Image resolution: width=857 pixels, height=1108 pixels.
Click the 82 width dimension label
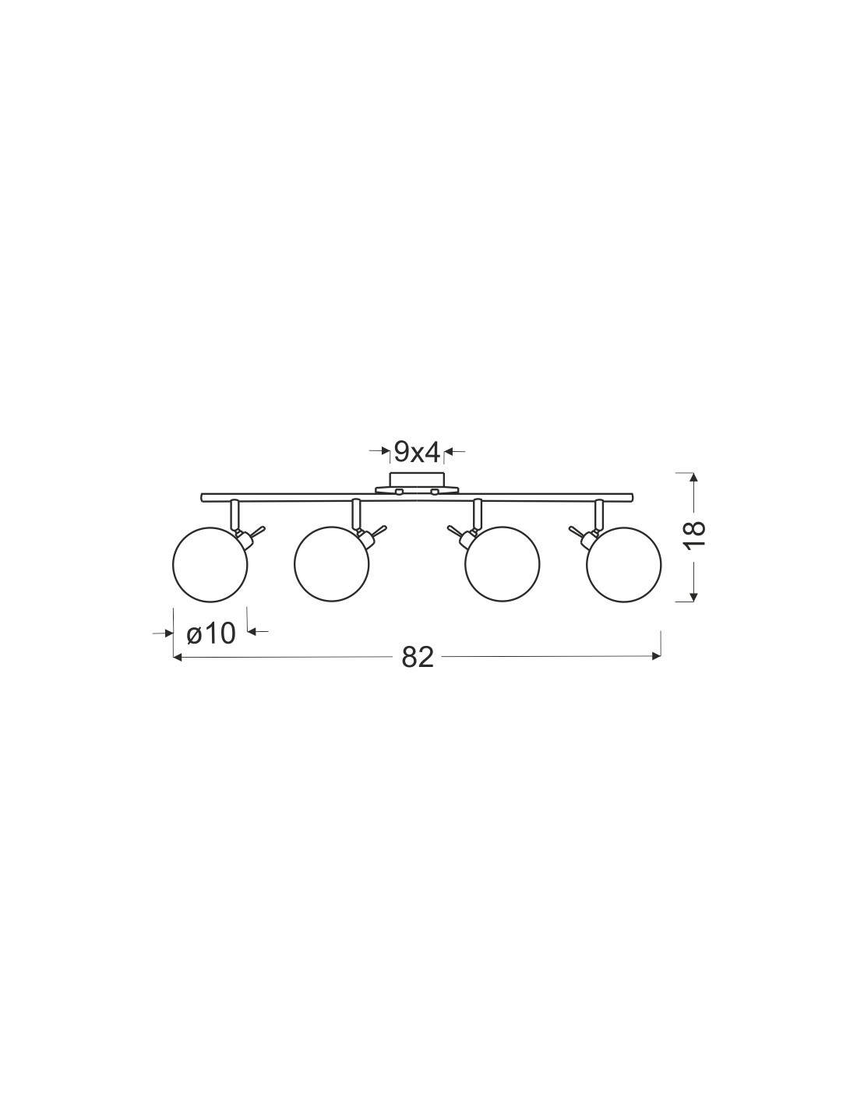click(x=417, y=658)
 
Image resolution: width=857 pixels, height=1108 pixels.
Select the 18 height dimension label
click(x=694, y=535)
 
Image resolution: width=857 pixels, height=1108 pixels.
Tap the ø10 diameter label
click(x=211, y=633)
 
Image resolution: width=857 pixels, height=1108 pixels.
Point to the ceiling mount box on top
click(x=417, y=480)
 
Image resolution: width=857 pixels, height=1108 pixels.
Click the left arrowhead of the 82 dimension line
click(x=178, y=658)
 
